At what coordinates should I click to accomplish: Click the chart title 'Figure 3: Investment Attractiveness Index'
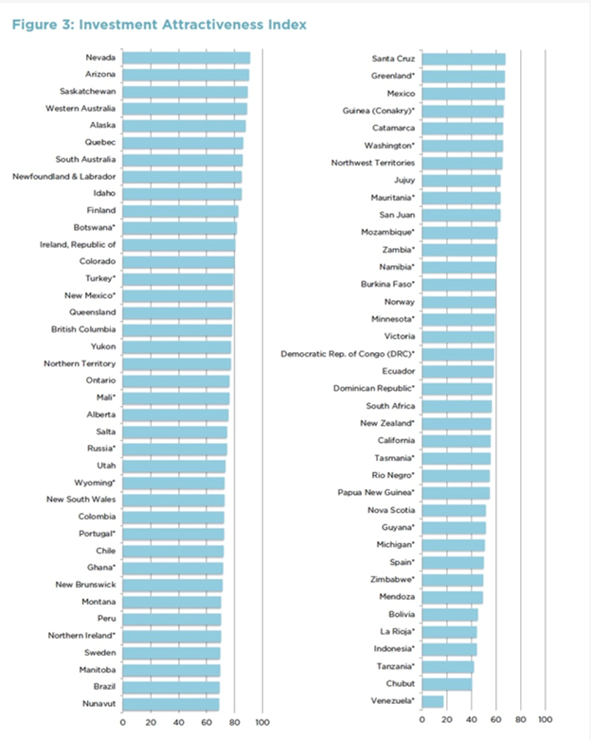click(159, 25)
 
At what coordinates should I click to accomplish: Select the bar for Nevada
click(186, 59)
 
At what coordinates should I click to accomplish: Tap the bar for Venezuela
click(433, 701)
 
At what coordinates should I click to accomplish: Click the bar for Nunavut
click(170, 704)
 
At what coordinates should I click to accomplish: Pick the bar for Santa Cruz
click(463, 60)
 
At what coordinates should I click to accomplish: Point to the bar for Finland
click(180, 211)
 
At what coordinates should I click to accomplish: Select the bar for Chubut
click(446, 683)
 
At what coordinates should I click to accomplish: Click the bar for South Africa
click(457, 406)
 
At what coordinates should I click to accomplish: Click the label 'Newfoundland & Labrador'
click(64, 177)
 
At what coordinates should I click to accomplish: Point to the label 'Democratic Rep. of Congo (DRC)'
click(348, 354)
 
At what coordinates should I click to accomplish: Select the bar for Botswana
click(179, 228)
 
